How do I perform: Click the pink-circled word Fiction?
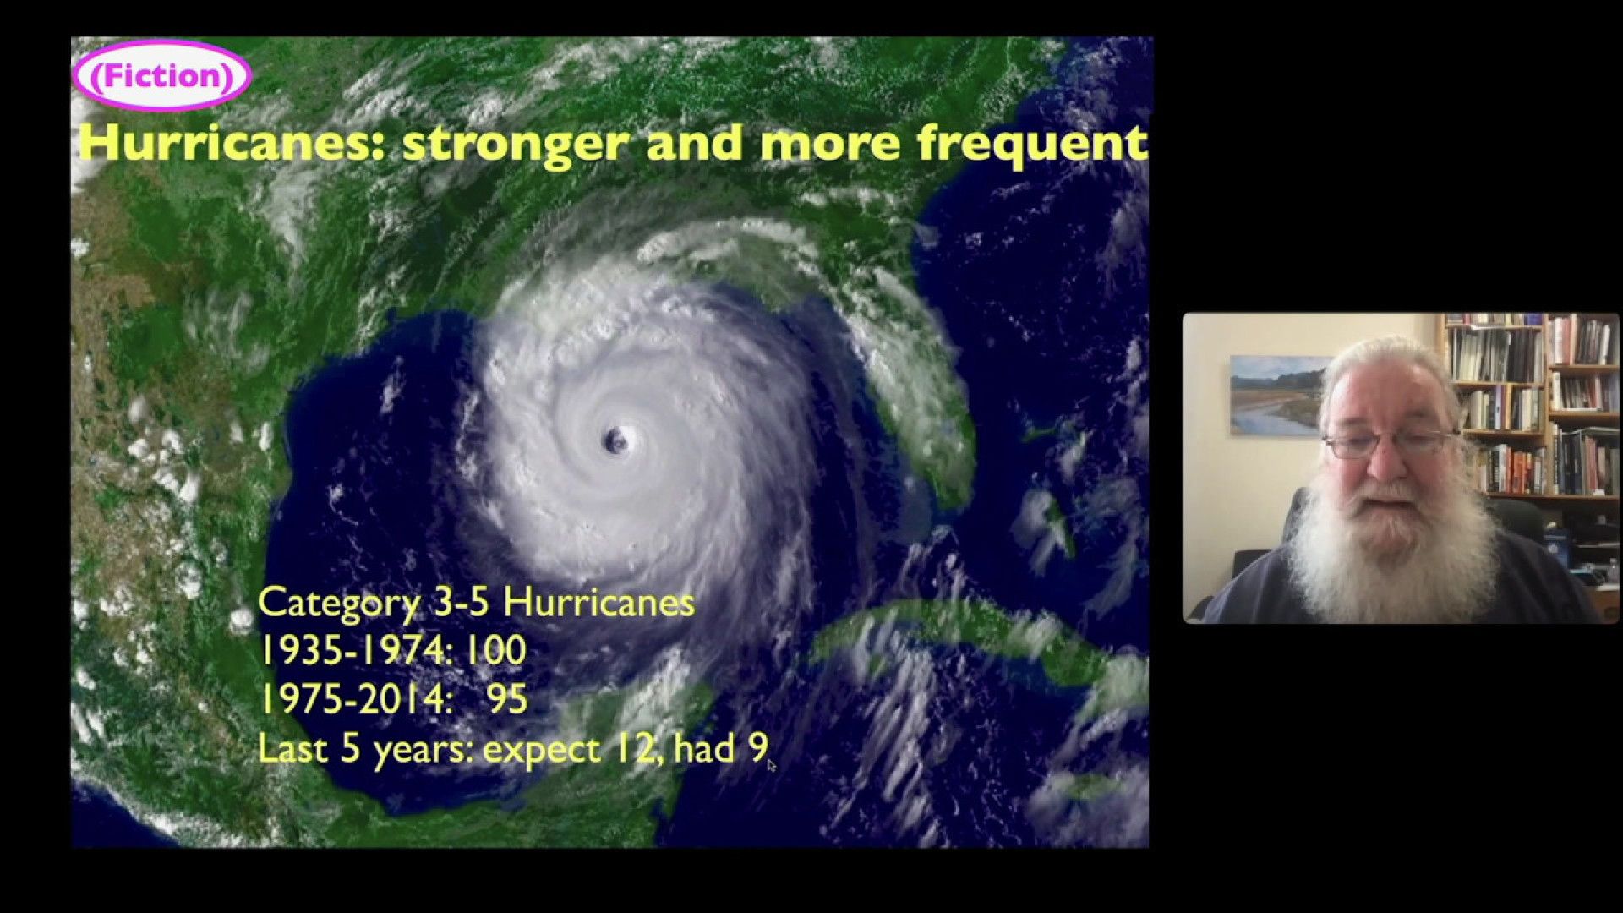coord(161,76)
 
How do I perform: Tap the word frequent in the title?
coord(1032,144)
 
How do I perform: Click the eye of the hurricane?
coord(615,440)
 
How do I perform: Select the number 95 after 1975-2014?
coord(507,699)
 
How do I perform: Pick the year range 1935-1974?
coord(353,650)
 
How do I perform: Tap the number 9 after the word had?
coord(757,748)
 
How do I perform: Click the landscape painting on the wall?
coord(1277,396)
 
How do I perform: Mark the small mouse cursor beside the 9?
coord(771,764)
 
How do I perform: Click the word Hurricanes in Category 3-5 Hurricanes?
coord(598,602)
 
